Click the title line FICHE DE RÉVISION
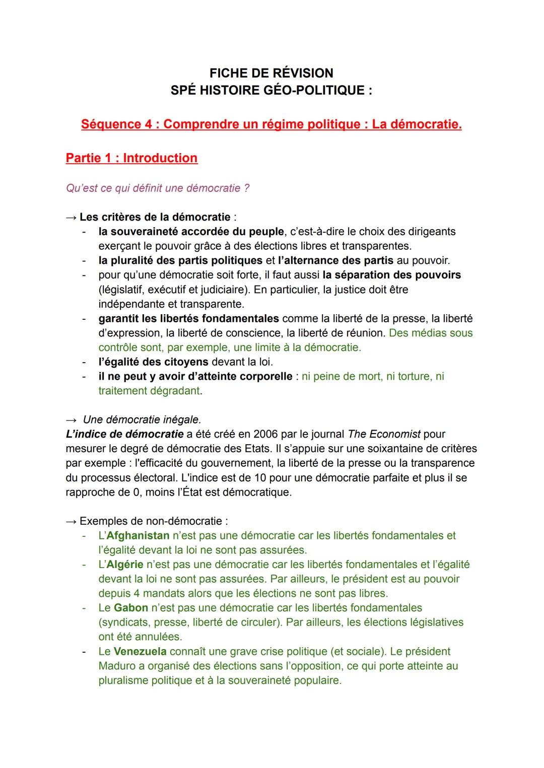[x=271, y=73]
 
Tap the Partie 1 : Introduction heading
[x=131, y=158]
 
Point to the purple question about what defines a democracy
[x=158, y=188]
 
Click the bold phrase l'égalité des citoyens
[x=153, y=362]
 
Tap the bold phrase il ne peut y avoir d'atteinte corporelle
[x=195, y=376]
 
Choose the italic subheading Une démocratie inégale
[x=142, y=420]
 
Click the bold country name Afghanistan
[x=138, y=535]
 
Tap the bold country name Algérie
[x=125, y=565]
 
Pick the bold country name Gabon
[x=131, y=608]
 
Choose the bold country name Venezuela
[x=140, y=651]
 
